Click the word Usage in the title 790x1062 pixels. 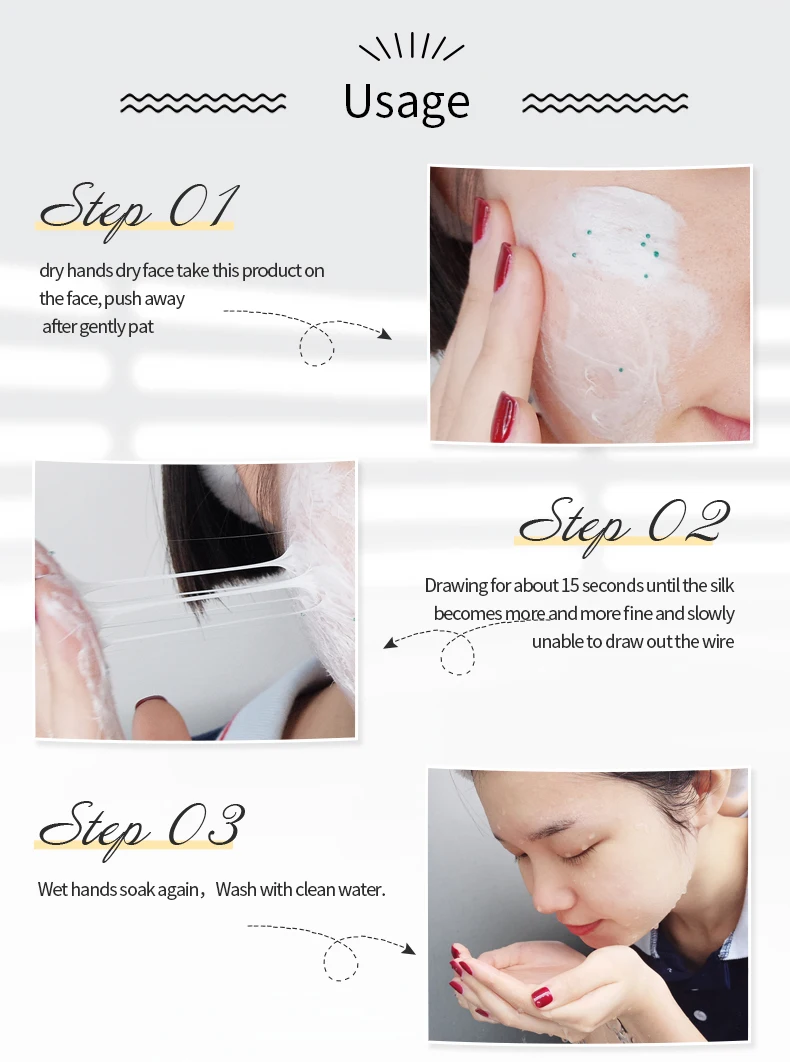pyautogui.click(x=407, y=103)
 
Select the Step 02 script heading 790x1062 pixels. pyautogui.click(x=623, y=524)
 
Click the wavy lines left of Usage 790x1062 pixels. pyautogui.click(x=203, y=103)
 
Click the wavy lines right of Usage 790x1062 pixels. pyautogui.click(x=605, y=103)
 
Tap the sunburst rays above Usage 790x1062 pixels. pyautogui.click(x=411, y=48)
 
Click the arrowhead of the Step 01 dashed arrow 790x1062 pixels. pyautogui.click(x=385, y=333)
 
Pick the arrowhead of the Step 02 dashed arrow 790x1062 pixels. pyautogui.click(x=390, y=642)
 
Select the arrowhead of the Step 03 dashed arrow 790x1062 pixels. pyautogui.click(x=409, y=948)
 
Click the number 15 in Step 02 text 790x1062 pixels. pyautogui.click(x=570, y=585)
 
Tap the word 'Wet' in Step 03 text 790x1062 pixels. pyautogui.click(x=53, y=889)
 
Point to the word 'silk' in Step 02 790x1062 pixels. pyautogui.click(x=722, y=585)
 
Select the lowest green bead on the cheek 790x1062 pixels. pyautogui.click(x=621, y=370)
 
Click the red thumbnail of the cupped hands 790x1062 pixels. pyautogui.click(x=541, y=997)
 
